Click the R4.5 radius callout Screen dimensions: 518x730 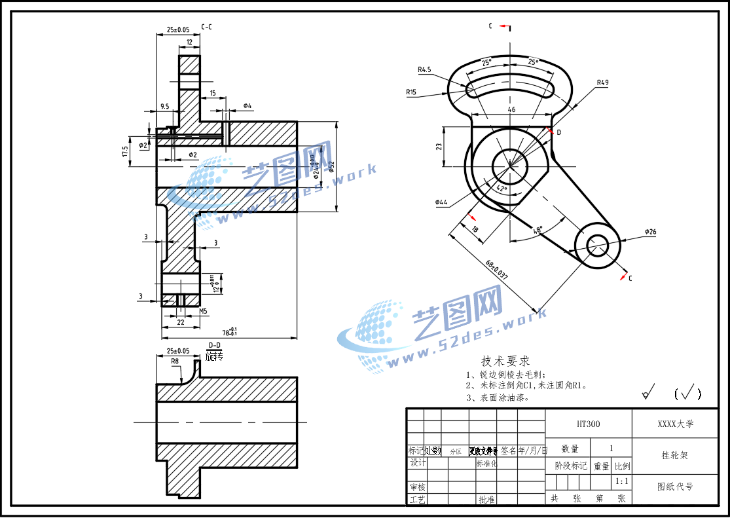point(424,69)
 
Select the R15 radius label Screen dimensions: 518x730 point(411,92)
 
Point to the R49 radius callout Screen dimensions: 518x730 point(602,83)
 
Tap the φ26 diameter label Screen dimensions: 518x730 point(650,232)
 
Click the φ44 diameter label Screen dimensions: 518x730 point(441,202)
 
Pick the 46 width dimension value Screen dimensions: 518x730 point(511,109)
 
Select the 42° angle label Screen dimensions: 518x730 point(502,189)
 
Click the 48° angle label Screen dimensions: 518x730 point(538,230)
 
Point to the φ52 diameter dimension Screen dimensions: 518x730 point(332,167)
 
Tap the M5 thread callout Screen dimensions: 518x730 point(203,312)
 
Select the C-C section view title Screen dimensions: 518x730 point(206,28)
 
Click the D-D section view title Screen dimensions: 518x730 point(214,345)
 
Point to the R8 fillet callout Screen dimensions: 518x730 point(175,361)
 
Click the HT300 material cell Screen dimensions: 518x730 point(588,424)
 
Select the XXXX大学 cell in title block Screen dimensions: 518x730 point(675,424)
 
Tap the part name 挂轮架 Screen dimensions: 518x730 point(675,455)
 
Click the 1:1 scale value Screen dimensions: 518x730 point(622,482)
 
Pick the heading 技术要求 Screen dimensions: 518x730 point(505,361)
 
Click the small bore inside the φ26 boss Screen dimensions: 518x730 point(596,247)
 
